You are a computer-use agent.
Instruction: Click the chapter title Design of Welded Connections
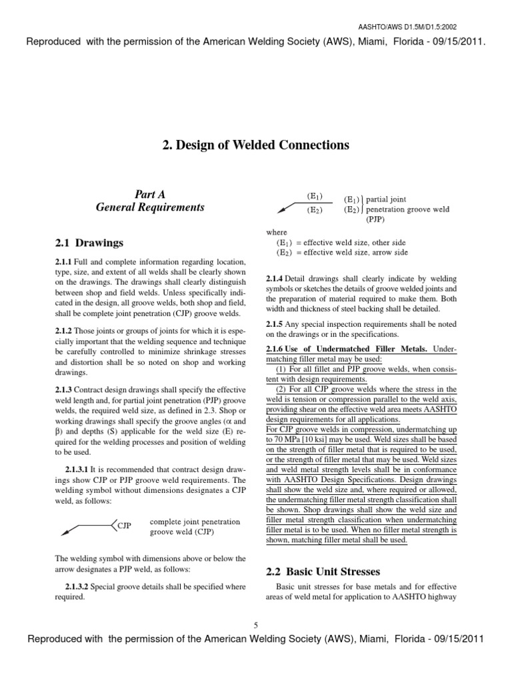click(255, 145)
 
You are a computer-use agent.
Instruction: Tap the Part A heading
click(149, 194)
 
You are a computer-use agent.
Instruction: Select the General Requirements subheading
click(149, 207)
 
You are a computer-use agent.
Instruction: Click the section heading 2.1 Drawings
click(89, 242)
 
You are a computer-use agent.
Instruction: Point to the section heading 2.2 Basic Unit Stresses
click(323, 572)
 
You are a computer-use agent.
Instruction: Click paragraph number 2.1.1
click(63, 261)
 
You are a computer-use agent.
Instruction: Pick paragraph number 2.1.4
click(275, 278)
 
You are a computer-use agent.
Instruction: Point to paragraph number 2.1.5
click(275, 324)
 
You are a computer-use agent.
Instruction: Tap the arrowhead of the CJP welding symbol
click(66, 532)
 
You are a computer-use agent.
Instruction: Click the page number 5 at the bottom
click(255, 624)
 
